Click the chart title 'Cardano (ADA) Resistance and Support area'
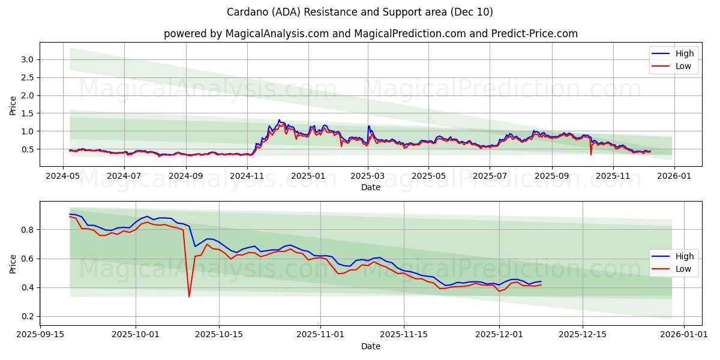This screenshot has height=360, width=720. pyautogui.click(x=360, y=12)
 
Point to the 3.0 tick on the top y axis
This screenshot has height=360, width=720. pyautogui.click(x=26, y=59)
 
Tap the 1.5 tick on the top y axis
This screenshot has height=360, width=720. pyautogui.click(x=26, y=113)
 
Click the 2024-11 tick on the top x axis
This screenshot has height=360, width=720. pyautogui.click(x=247, y=176)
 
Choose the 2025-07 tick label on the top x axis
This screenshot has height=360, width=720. pyautogui.click(x=489, y=176)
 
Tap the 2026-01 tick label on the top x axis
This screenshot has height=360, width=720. pyautogui.click(x=674, y=176)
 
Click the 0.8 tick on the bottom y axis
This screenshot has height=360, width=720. pyautogui.click(x=26, y=230)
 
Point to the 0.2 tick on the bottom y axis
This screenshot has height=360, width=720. pyautogui.click(x=26, y=317)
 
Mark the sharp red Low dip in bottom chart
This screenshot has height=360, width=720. pyautogui.click(x=189, y=296)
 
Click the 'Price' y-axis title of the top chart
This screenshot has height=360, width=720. pyautogui.click(x=13, y=104)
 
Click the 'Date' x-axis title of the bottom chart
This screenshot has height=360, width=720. pyautogui.click(x=370, y=346)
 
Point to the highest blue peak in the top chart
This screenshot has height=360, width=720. pyautogui.click(x=278, y=120)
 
